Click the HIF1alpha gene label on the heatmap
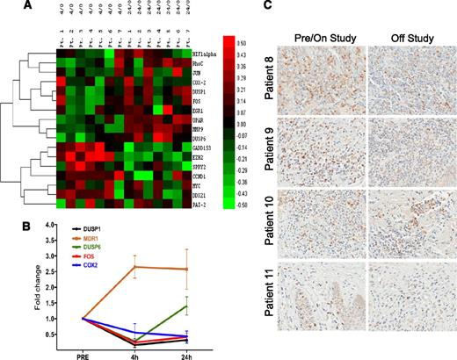[x=208, y=55]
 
